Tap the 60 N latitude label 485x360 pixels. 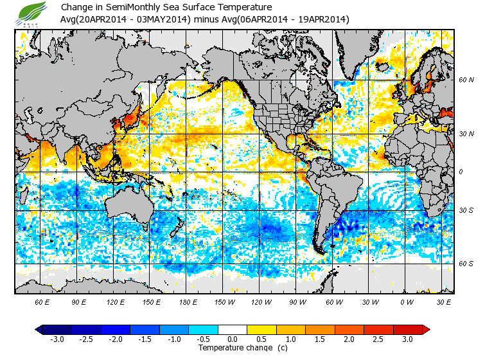click(466, 80)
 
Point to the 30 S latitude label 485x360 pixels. click(466, 211)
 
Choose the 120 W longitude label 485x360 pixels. click(261, 302)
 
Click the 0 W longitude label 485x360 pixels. click(407, 302)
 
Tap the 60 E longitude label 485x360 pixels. click(43, 302)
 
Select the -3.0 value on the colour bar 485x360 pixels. click(57, 339)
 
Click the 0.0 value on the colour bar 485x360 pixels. click(233, 339)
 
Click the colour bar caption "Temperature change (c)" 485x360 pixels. click(233, 348)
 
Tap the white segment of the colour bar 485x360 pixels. click(233, 329)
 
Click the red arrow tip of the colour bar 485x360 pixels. click(426, 329)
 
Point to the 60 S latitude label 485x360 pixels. click(466, 264)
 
